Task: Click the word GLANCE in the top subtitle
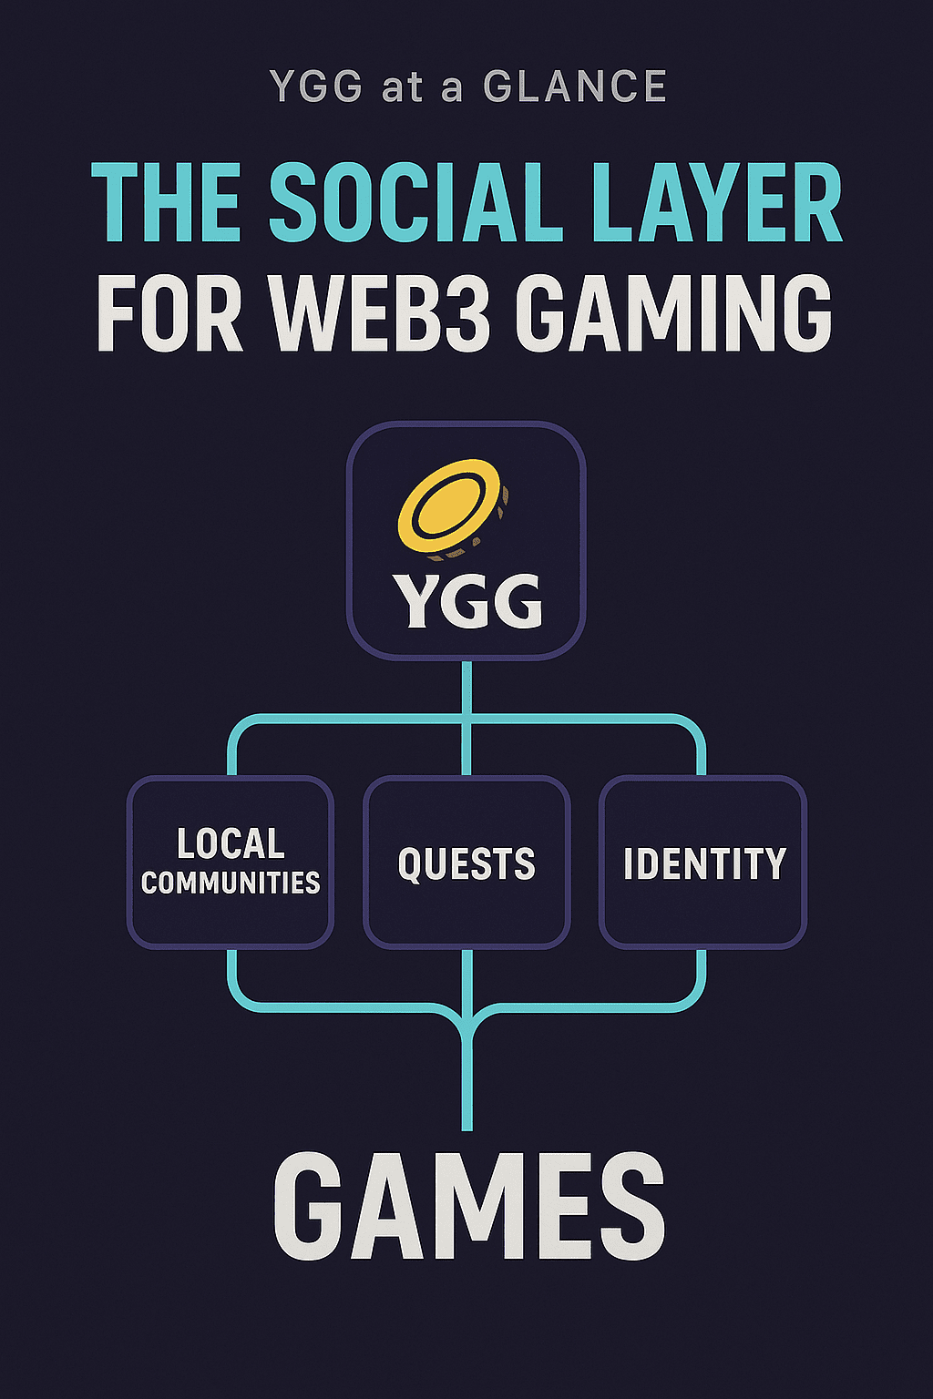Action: (x=575, y=87)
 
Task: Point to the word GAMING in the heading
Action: (x=678, y=314)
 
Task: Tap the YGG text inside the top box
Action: (x=467, y=601)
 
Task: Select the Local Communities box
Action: (x=231, y=862)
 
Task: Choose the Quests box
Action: (x=466, y=862)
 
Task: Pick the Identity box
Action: (x=702, y=862)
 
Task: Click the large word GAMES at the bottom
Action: (x=468, y=1207)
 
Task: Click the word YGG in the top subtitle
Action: (x=315, y=87)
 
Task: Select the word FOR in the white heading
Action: (x=169, y=314)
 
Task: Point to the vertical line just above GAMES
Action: (x=467, y=1084)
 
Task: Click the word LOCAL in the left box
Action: (x=231, y=843)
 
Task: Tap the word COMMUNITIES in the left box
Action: (x=231, y=883)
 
